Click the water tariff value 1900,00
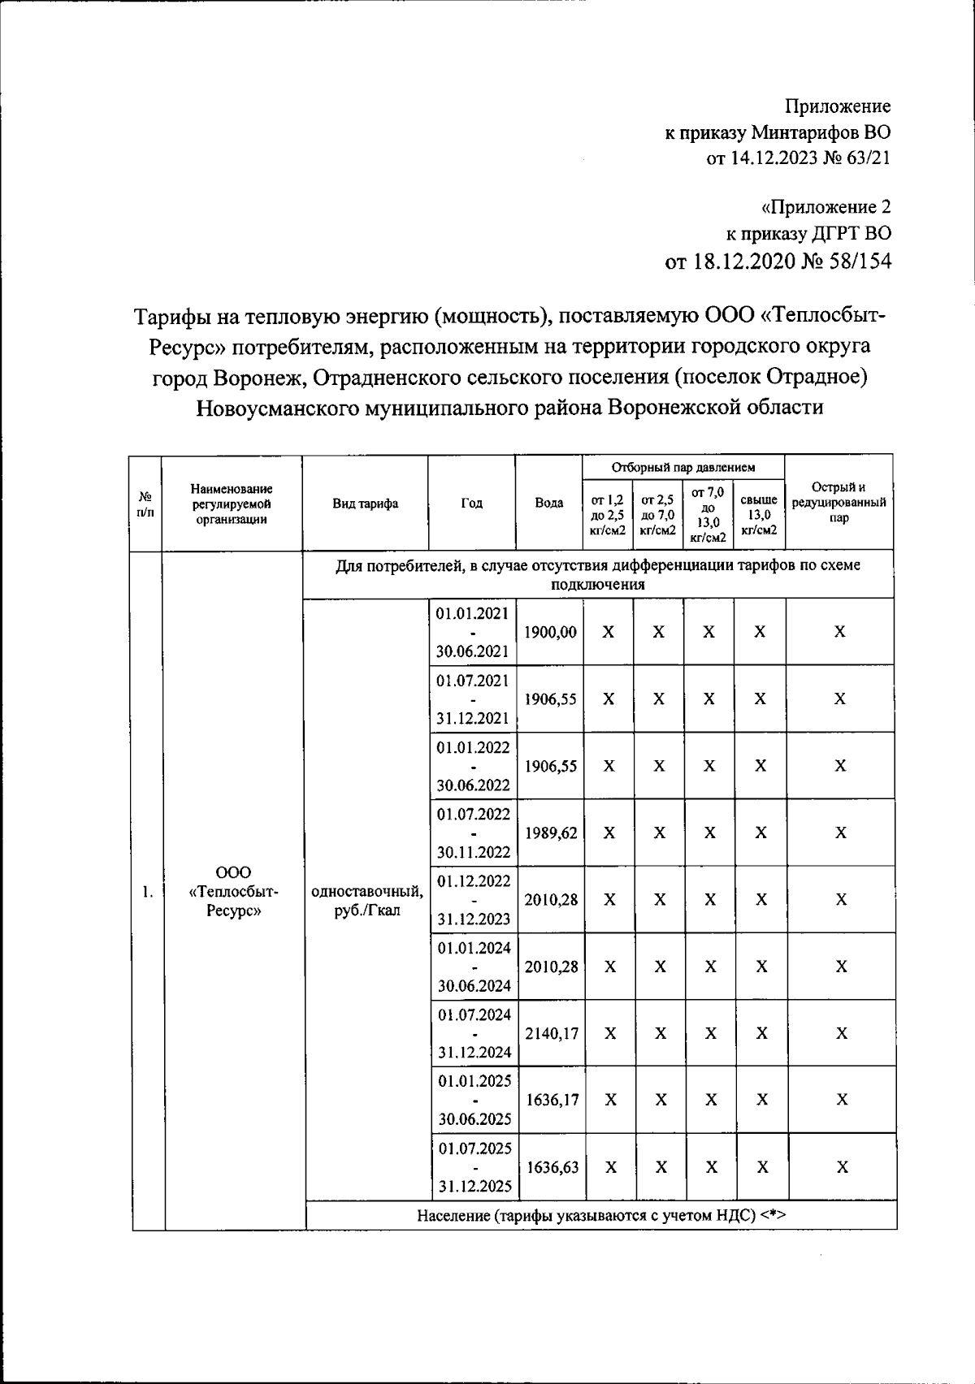click(x=550, y=632)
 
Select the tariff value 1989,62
click(x=551, y=833)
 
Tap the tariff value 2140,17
click(x=552, y=1033)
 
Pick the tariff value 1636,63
click(x=552, y=1167)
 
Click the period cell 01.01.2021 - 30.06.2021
click(x=473, y=632)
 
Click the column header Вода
click(x=549, y=503)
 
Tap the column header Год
click(x=471, y=503)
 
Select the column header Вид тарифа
click(x=366, y=503)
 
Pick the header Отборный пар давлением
click(x=683, y=467)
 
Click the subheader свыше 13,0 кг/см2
click(x=759, y=515)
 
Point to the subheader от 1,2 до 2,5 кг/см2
click(x=608, y=515)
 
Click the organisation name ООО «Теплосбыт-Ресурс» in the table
click(x=233, y=892)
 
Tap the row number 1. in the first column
click(x=147, y=892)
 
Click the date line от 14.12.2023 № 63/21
click(x=798, y=158)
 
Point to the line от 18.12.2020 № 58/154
click(x=778, y=261)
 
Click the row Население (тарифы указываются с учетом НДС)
click(x=602, y=1215)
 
